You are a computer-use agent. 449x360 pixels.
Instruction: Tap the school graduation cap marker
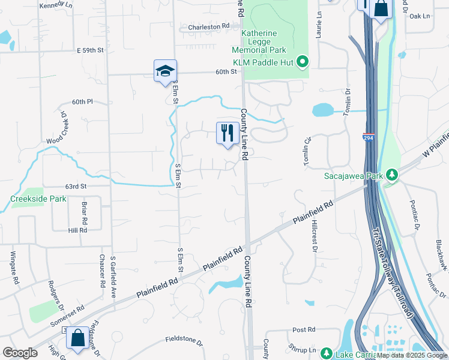click(x=165, y=71)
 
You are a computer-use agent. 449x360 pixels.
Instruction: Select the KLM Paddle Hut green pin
click(x=303, y=61)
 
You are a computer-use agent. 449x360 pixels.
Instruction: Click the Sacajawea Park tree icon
click(x=392, y=174)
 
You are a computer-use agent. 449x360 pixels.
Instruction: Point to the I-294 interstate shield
click(x=369, y=137)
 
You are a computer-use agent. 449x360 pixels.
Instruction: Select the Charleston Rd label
click(x=209, y=27)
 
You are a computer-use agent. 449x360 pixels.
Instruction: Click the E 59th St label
click(x=95, y=50)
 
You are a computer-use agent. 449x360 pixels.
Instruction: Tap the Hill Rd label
click(x=77, y=230)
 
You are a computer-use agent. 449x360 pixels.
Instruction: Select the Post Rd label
click(x=304, y=330)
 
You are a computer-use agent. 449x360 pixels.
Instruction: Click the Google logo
click(x=20, y=353)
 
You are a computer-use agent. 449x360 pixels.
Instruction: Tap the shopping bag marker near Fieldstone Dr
click(x=77, y=338)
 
